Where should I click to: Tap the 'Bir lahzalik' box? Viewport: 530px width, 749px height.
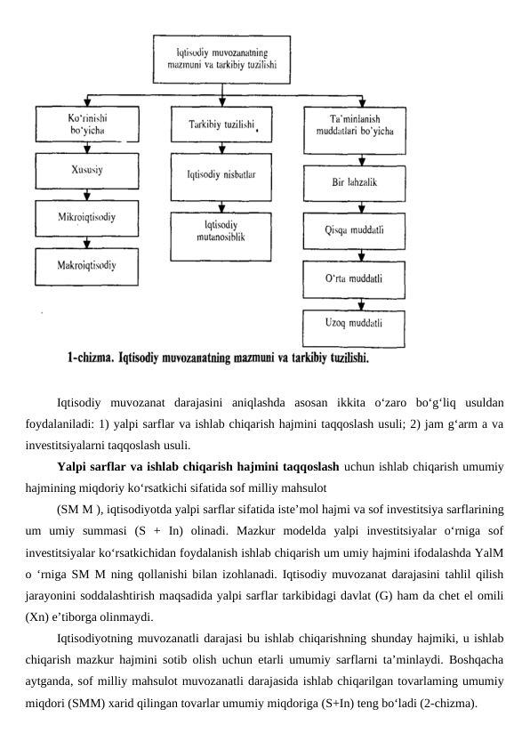pyautogui.click(x=355, y=182)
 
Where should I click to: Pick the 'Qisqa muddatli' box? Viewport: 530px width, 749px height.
pyautogui.click(x=355, y=231)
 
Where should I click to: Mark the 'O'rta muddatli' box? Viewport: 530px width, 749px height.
pyautogui.click(x=355, y=278)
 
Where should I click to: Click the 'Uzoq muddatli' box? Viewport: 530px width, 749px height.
pyautogui.click(x=355, y=323)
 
